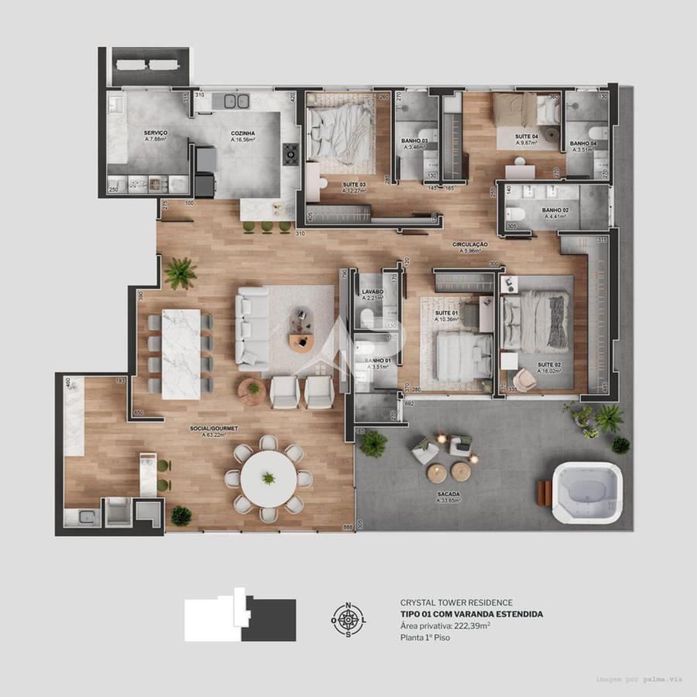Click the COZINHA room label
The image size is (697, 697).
(242, 133)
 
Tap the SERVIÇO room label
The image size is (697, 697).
(155, 133)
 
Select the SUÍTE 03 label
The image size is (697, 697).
(354, 184)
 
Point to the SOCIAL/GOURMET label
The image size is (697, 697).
(214, 427)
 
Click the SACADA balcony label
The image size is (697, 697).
(448, 493)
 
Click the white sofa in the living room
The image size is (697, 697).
(252, 328)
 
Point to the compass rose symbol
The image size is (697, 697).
(348, 620)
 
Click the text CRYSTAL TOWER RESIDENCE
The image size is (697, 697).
(456, 603)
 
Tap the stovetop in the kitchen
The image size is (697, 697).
(290, 154)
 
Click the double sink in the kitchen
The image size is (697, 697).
(236, 100)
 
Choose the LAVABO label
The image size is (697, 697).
(373, 292)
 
